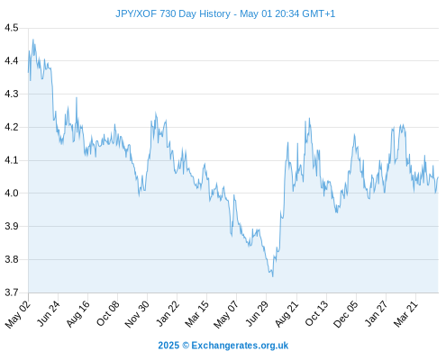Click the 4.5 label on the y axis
pyautogui.click(x=12, y=28)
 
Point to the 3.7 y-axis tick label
pyautogui.click(x=12, y=292)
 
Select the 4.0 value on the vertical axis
pyautogui.click(x=12, y=193)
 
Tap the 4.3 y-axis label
pyautogui.click(x=12, y=94)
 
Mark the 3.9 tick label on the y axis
pyautogui.click(x=12, y=226)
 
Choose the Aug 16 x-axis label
pyautogui.click(x=78, y=313)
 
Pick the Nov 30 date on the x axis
pyautogui.click(x=137, y=314)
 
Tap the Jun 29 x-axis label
pyautogui.click(x=257, y=313)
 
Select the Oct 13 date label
pyautogui.click(x=316, y=313)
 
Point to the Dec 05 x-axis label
pyautogui.click(x=346, y=314)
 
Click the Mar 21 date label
pyautogui.click(x=405, y=314)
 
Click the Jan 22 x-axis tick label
pyautogui.click(x=168, y=313)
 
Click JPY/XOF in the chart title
pyautogui.click(x=136, y=13)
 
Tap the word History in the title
pyautogui.click(x=214, y=13)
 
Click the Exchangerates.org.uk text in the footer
pyautogui.click(x=240, y=346)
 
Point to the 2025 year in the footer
pyautogui.click(x=168, y=346)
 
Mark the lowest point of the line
pyautogui.click(x=273, y=276)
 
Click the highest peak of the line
pyautogui.click(x=33, y=40)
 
